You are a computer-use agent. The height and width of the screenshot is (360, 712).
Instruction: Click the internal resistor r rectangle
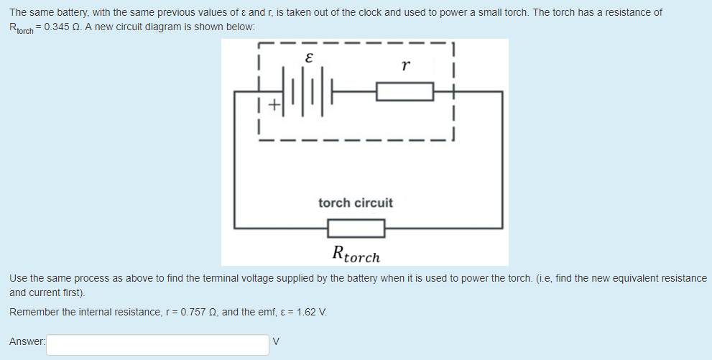404,91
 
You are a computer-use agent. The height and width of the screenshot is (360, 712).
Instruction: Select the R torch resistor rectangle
356,229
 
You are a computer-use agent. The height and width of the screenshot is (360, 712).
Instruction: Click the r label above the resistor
406,66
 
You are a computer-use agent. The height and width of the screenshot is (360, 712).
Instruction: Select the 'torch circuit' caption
356,203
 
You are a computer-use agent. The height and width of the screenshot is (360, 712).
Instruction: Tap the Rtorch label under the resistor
356,254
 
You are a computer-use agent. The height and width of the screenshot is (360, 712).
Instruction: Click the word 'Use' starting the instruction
18,277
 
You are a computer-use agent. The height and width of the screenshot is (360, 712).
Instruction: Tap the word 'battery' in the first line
70,12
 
